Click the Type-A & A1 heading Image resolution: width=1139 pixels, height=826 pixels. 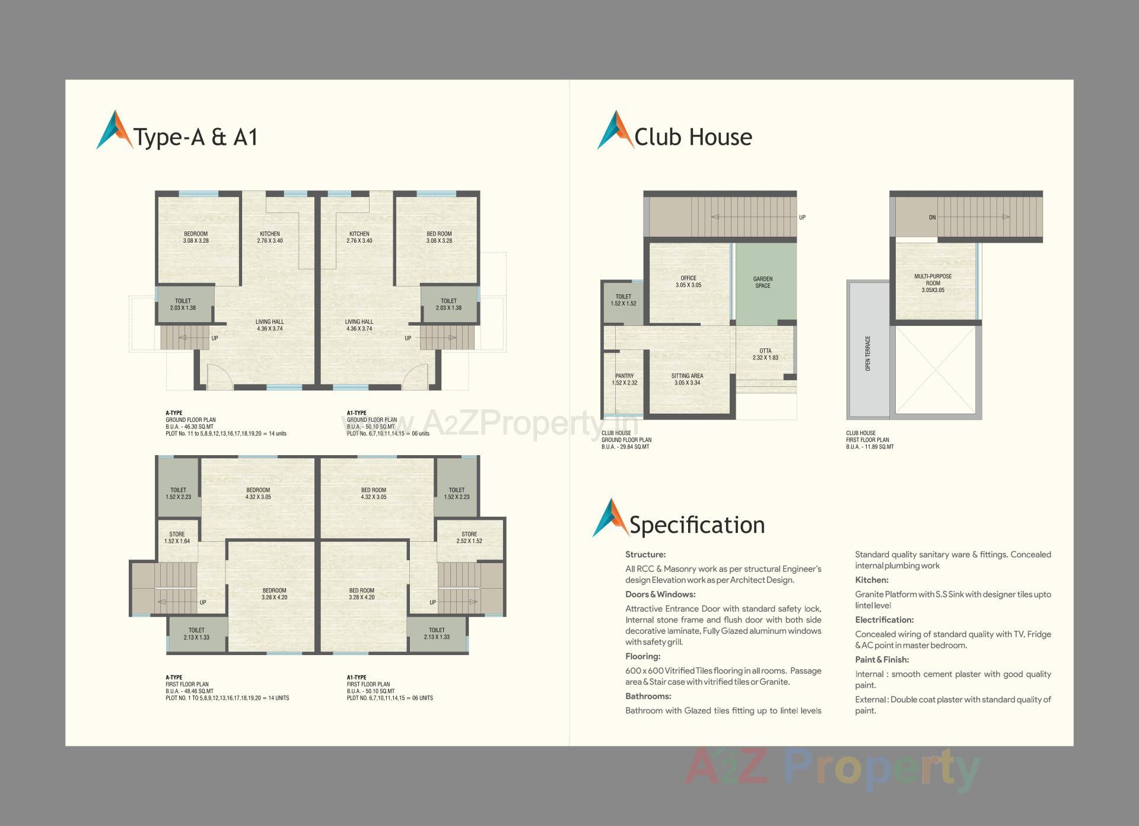click(196, 137)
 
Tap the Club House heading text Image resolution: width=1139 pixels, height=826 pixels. click(693, 137)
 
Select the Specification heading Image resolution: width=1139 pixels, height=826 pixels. click(696, 525)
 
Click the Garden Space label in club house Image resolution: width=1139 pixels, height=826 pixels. click(763, 282)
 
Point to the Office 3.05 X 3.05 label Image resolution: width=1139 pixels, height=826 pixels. click(688, 282)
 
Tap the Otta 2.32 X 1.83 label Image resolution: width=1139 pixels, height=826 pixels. click(765, 354)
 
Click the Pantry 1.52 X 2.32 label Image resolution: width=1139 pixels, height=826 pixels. click(624, 379)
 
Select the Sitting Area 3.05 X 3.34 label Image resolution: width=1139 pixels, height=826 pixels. click(687, 379)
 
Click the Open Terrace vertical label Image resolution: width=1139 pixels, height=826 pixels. click(868, 354)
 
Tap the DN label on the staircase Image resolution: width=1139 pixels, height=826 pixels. click(932, 218)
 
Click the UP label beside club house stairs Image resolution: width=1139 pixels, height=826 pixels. click(802, 218)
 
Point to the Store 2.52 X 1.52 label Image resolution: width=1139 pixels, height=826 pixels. click(469, 538)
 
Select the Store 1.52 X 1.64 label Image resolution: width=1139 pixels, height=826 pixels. click(177, 538)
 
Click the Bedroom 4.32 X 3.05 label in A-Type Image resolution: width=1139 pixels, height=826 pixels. click(258, 494)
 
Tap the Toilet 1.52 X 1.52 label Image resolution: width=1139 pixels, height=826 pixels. click(623, 300)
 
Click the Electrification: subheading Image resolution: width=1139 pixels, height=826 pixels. click(884, 620)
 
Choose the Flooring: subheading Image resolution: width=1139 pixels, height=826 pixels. click(642, 656)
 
